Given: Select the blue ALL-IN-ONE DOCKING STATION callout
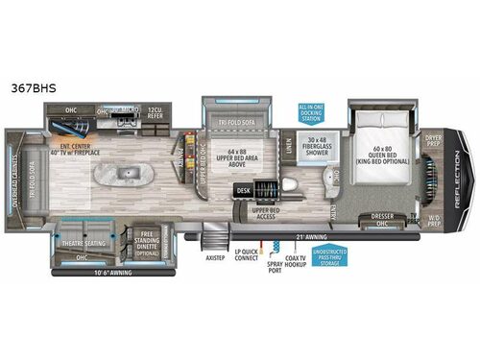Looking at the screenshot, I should tap(313, 114).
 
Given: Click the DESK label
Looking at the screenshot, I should tap(243, 191).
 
